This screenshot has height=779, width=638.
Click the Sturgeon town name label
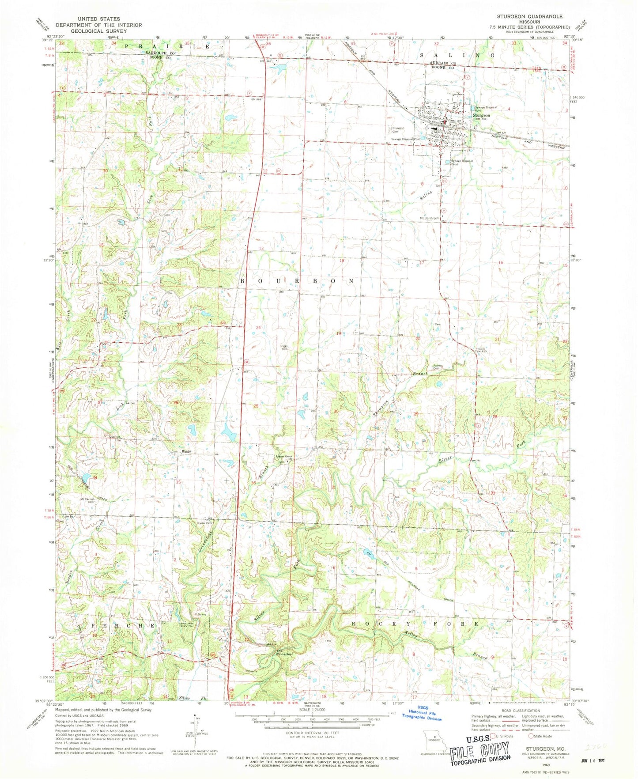481,115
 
